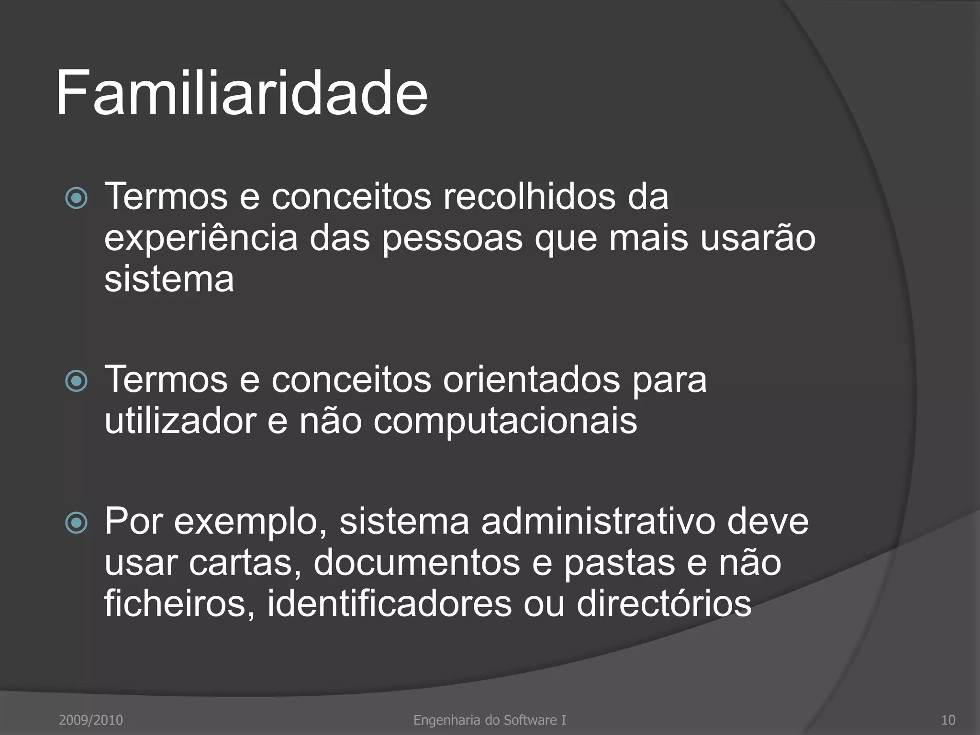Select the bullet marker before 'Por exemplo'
[x=77, y=523]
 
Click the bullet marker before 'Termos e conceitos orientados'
[x=77, y=381]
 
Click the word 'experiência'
[x=201, y=238]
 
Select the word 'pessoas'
[x=452, y=238]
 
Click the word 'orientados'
[x=531, y=379]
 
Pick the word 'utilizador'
[x=180, y=421]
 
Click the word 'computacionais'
[x=505, y=421]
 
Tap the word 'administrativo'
[x=598, y=521]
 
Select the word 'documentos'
[x=416, y=563]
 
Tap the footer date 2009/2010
[x=91, y=720]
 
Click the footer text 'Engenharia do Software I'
[x=490, y=720]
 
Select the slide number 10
[x=947, y=720]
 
